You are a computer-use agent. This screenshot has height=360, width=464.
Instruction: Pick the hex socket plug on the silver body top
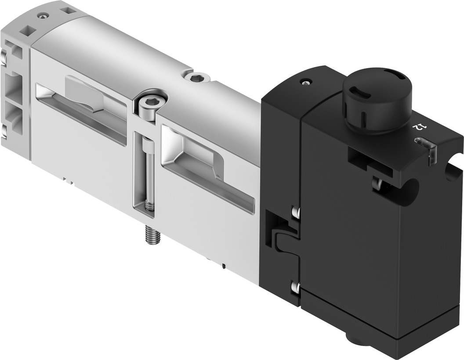(197, 78)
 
